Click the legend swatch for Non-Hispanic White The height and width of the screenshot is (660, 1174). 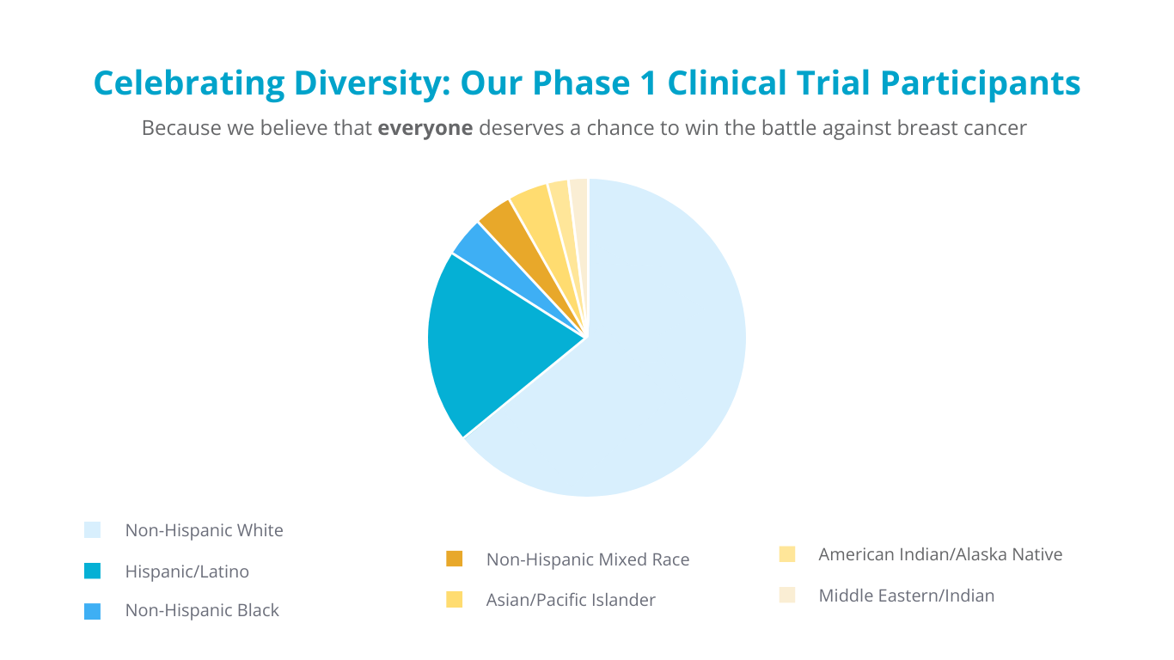(93, 530)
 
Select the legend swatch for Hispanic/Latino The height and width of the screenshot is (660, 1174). (93, 571)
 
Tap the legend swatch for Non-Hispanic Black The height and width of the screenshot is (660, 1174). (93, 611)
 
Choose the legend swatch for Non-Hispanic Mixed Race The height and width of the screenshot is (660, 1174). (455, 559)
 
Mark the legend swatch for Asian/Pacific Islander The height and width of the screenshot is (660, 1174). (455, 600)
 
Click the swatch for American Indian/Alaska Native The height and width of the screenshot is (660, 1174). (787, 554)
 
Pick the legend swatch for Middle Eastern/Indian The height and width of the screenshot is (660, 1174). (787, 595)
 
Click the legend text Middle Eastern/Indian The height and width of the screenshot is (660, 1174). (906, 596)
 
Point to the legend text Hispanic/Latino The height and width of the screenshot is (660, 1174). (186, 571)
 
